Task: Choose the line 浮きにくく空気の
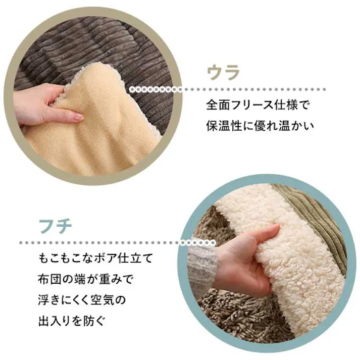click(x=82, y=300)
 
